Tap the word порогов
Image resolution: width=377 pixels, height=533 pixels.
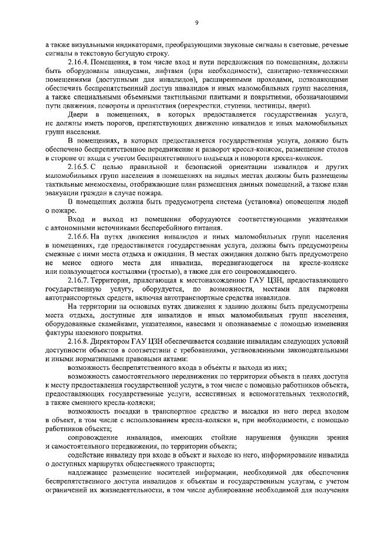120,123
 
